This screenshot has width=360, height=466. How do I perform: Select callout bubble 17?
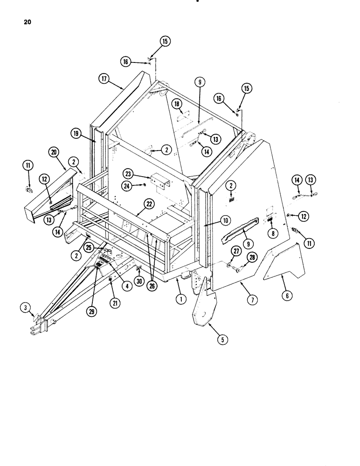tap(104, 79)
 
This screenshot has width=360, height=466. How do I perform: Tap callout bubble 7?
tap(252, 300)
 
